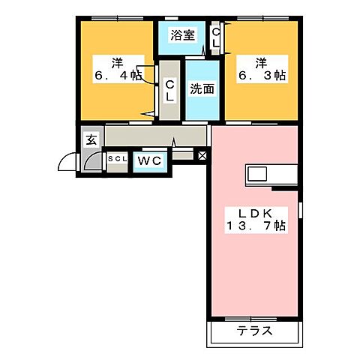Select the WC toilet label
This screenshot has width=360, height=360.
150,160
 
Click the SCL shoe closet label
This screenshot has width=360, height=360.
118,160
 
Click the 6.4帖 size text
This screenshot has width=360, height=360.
117,75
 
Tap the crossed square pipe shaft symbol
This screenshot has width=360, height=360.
201,156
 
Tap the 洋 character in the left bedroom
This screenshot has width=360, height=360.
118,60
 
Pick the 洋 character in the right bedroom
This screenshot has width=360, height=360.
261,60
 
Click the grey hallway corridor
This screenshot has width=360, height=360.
154,136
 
